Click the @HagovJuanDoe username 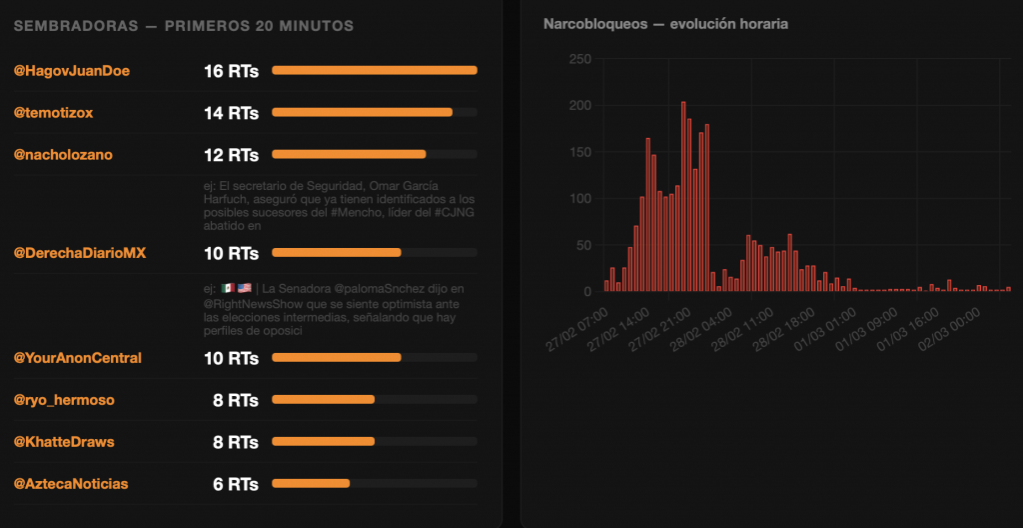pyautogui.click(x=71, y=71)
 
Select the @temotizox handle pyautogui.click(x=53, y=113)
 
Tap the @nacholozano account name pyautogui.click(x=62, y=155)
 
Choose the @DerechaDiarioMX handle pyautogui.click(x=79, y=253)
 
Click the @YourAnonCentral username pyautogui.click(x=77, y=358)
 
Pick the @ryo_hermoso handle pyautogui.click(x=63, y=400)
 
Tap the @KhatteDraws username pyautogui.click(x=63, y=442)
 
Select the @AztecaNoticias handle pyautogui.click(x=70, y=484)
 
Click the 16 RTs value pyautogui.click(x=231, y=71)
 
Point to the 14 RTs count pyautogui.click(x=231, y=113)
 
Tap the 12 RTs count pyautogui.click(x=231, y=155)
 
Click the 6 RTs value pyautogui.click(x=236, y=484)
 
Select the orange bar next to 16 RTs pyautogui.click(x=374, y=70)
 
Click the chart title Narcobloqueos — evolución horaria pyautogui.click(x=665, y=24)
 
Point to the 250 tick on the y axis pyautogui.click(x=579, y=59)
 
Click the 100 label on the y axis pyautogui.click(x=579, y=198)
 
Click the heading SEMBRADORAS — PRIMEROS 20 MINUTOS pyautogui.click(x=183, y=26)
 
